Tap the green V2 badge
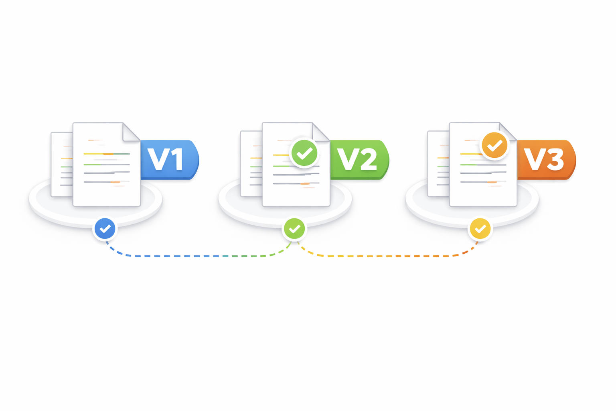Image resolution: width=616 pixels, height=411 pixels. [359, 159]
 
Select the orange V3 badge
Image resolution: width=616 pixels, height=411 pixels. [546, 159]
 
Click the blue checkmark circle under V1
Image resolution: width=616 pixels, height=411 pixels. [105, 229]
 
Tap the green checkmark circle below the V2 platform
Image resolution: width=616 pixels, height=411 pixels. [294, 229]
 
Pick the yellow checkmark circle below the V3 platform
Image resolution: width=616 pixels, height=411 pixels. [480, 229]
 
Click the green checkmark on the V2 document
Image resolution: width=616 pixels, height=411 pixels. [304, 153]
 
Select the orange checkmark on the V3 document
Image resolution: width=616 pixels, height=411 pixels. [494, 145]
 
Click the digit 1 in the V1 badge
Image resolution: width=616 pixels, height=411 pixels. [177, 160]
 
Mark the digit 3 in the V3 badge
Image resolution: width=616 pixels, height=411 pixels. [555, 160]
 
